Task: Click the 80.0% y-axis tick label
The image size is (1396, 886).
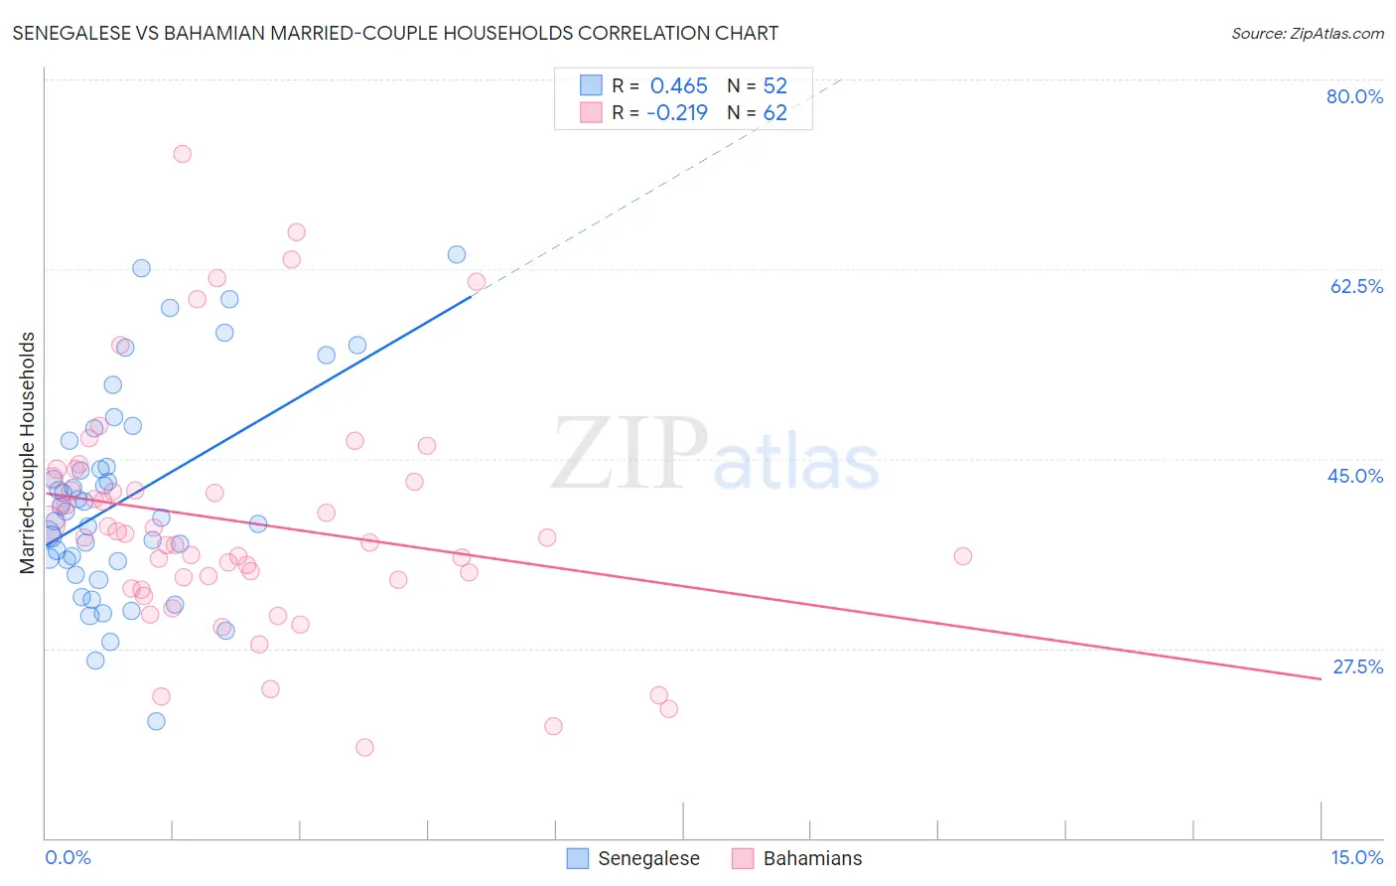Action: click(x=1354, y=96)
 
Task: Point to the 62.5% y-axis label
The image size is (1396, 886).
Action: click(x=1356, y=286)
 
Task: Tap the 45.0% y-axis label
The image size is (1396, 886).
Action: click(x=1355, y=476)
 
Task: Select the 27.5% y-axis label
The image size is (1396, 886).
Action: click(x=1357, y=666)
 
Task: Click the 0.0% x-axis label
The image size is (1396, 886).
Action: click(x=68, y=857)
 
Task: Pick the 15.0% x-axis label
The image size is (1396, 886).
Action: click(x=1356, y=857)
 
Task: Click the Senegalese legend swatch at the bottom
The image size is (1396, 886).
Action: click(x=578, y=858)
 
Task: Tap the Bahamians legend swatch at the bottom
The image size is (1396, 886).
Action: click(x=743, y=858)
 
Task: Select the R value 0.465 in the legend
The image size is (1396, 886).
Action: click(x=678, y=85)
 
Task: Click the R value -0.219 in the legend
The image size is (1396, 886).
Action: click(x=676, y=112)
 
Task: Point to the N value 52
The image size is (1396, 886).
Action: click(x=774, y=85)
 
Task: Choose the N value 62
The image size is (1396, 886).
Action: click(x=774, y=112)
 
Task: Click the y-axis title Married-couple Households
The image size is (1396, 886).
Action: click(x=28, y=452)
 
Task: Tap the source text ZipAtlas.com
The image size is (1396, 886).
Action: click(x=1308, y=33)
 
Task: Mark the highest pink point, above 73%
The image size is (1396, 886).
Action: click(x=182, y=154)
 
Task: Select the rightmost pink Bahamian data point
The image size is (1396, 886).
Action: click(x=962, y=556)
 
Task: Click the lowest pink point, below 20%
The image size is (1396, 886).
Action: click(x=364, y=747)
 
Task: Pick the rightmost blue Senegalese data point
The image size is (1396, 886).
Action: click(x=457, y=254)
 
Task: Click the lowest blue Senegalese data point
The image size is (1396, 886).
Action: click(x=156, y=721)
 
